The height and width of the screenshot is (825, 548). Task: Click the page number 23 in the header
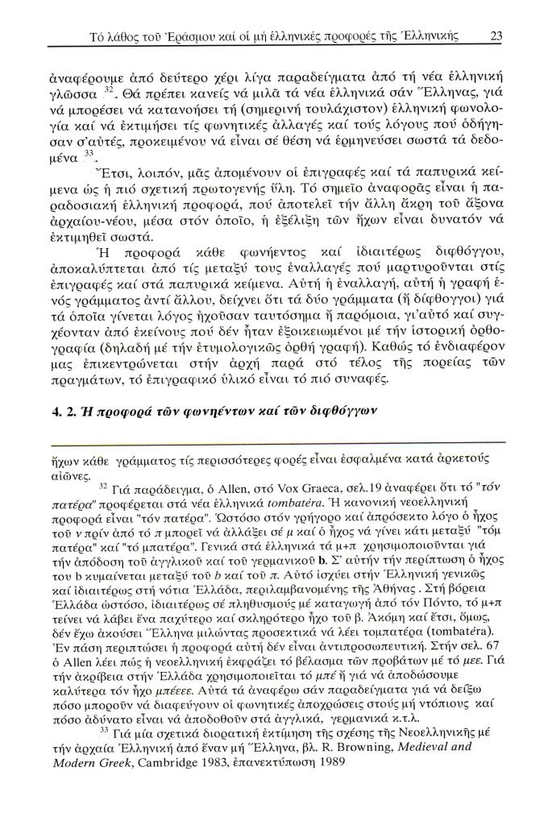pyautogui.click(x=496, y=35)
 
